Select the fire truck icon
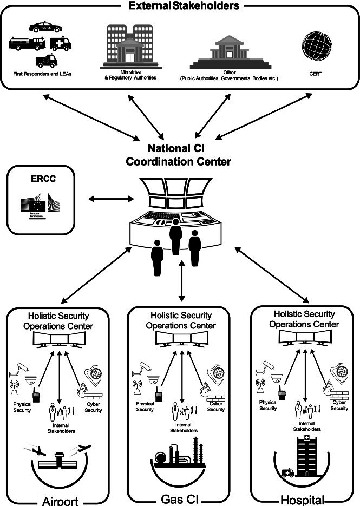click(x=27, y=43)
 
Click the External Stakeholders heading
click(x=181, y=6)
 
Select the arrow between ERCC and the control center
click(x=111, y=200)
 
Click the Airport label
click(x=60, y=500)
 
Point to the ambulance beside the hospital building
click(x=287, y=472)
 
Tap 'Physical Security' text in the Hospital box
click(x=268, y=405)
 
